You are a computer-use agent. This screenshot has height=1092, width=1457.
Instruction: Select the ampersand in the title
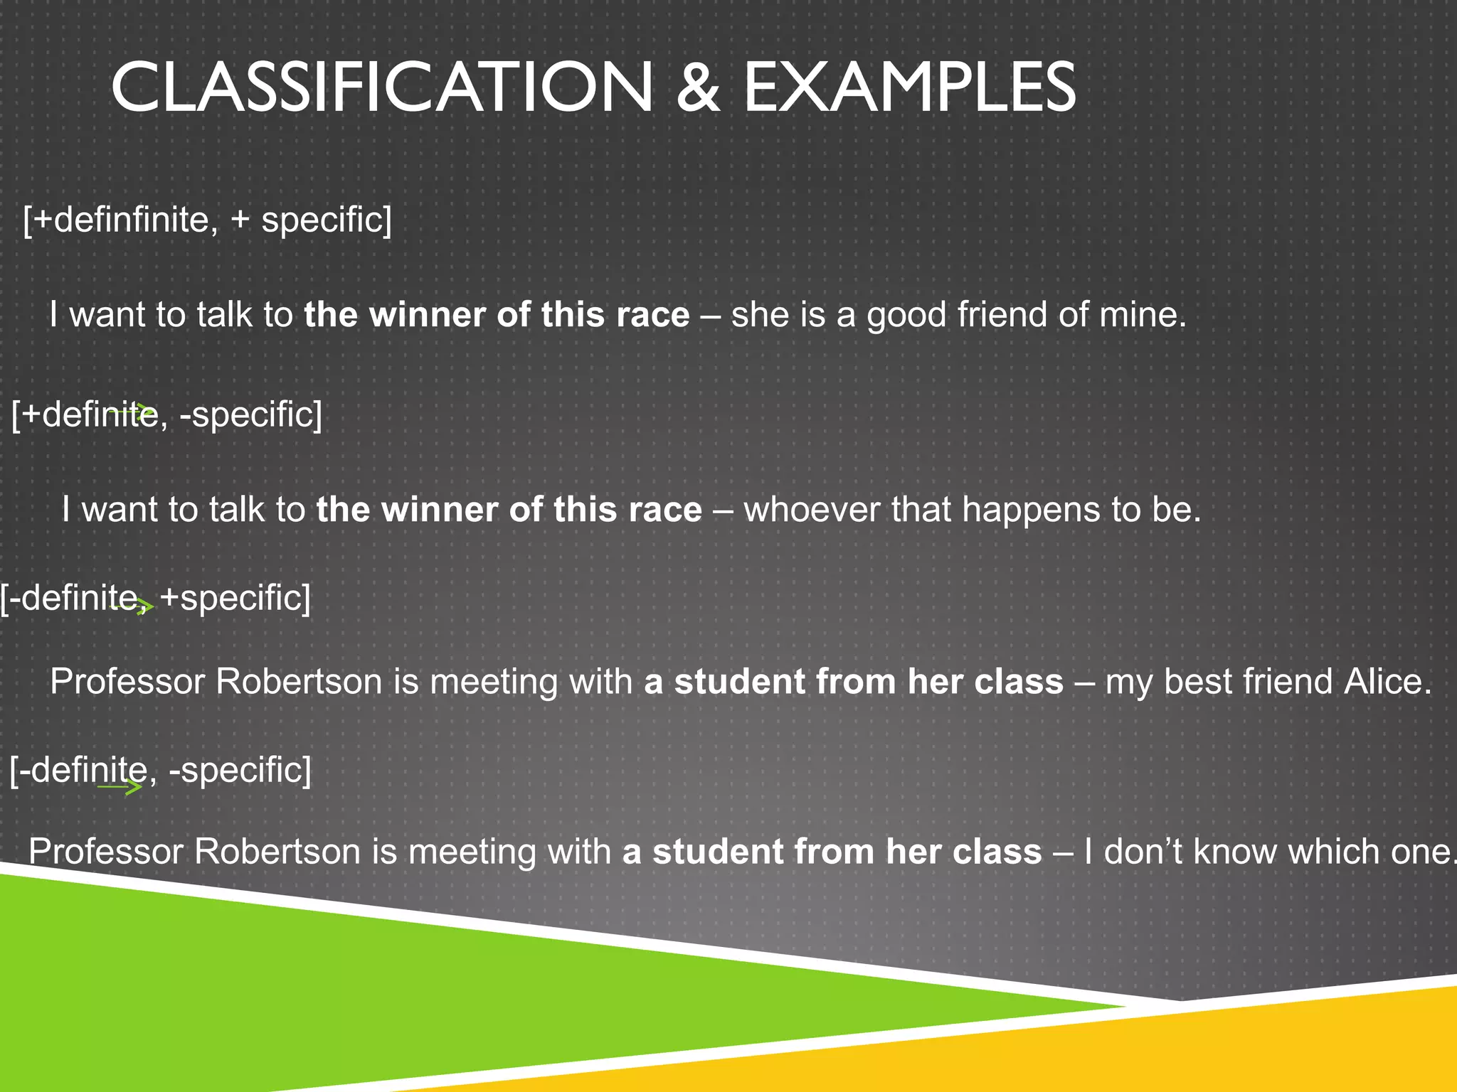pyautogui.click(x=698, y=87)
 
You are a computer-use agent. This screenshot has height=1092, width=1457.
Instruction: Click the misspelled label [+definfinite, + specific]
pyautogui.click(x=207, y=220)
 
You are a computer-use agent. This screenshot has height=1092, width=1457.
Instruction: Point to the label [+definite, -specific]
pyautogui.click(x=167, y=414)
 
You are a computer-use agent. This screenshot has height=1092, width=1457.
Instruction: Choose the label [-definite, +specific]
pyautogui.click(x=156, y=598)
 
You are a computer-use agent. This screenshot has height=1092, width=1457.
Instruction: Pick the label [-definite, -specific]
pyautogui.click(x=161, y=771)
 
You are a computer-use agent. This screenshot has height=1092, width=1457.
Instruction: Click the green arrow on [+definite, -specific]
pyautogui.click(x=135, y=410)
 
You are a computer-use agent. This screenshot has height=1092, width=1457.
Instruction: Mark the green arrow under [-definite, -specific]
pyautogui.click(x=121, y=786)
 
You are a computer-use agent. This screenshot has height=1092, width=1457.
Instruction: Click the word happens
pyautogui.click(x=1031, y=510)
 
